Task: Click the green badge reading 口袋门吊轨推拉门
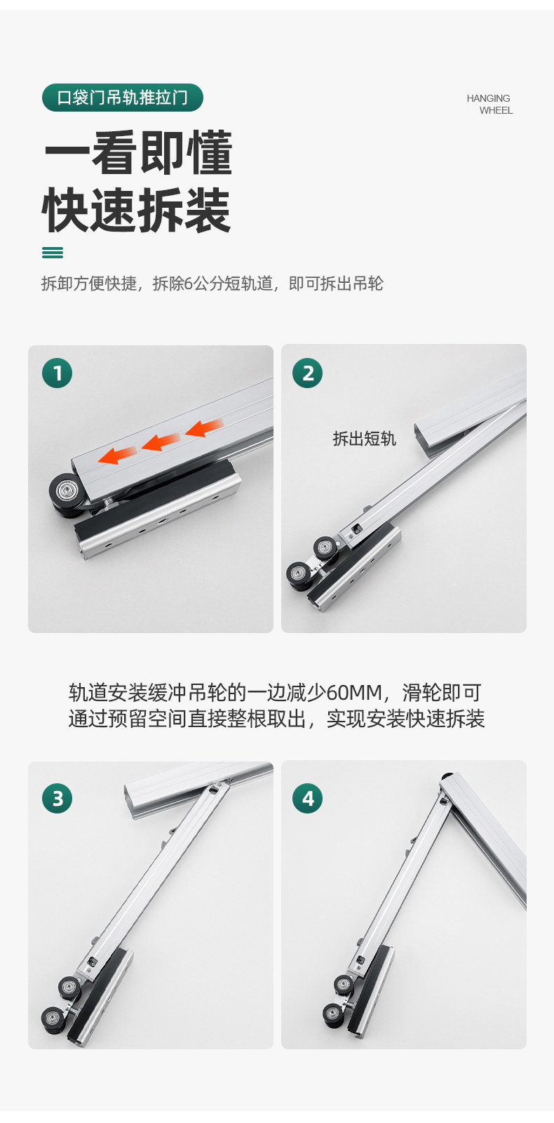(x=123, y=98)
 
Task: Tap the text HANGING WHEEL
(x=489, y=105)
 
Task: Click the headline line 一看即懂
(x=139, y=153)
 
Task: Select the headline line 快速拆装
(x=137, y=210)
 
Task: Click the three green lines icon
(x=53, y=253)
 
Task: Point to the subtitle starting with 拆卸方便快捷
(x=212, y=284)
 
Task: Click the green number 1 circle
(x=57, y=373)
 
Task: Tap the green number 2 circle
(x=308, y=373)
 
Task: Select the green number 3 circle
(x=57, y=798)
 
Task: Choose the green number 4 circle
(x=308, y=798)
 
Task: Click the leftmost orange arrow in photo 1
(x=116, y=454)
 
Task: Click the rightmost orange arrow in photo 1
(x=204, y=428)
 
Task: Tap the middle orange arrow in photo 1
(x=161, y=441)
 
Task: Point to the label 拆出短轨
(x=365, y=439)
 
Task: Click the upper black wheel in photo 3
(x=69, y=987)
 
